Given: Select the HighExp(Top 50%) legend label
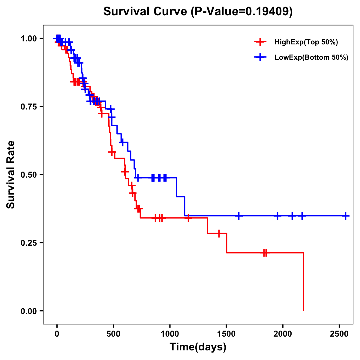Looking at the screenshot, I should click(306, 42).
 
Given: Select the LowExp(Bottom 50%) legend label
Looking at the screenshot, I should click(311, 58).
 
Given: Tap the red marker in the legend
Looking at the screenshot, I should click(260, 42).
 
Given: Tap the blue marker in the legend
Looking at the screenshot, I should click(260, 57).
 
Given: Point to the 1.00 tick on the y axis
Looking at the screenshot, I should click(28, 39).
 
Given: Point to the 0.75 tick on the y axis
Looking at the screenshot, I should click(28, 107).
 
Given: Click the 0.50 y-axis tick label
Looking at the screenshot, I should click(28, 175).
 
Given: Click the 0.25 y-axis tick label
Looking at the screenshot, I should click(28, 243).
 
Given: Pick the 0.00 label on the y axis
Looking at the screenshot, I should click(28, 311).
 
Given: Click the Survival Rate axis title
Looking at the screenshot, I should click(11, 175).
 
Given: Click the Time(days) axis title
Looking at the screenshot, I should click(198, 347).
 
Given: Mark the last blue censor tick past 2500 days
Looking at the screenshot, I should click(346, 216).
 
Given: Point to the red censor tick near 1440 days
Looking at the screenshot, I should click(219, 233).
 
